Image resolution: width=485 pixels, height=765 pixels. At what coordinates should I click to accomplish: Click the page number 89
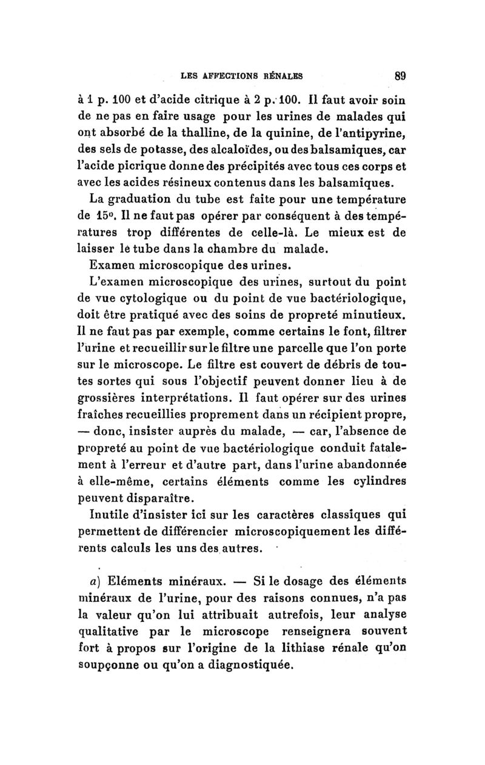399,77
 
